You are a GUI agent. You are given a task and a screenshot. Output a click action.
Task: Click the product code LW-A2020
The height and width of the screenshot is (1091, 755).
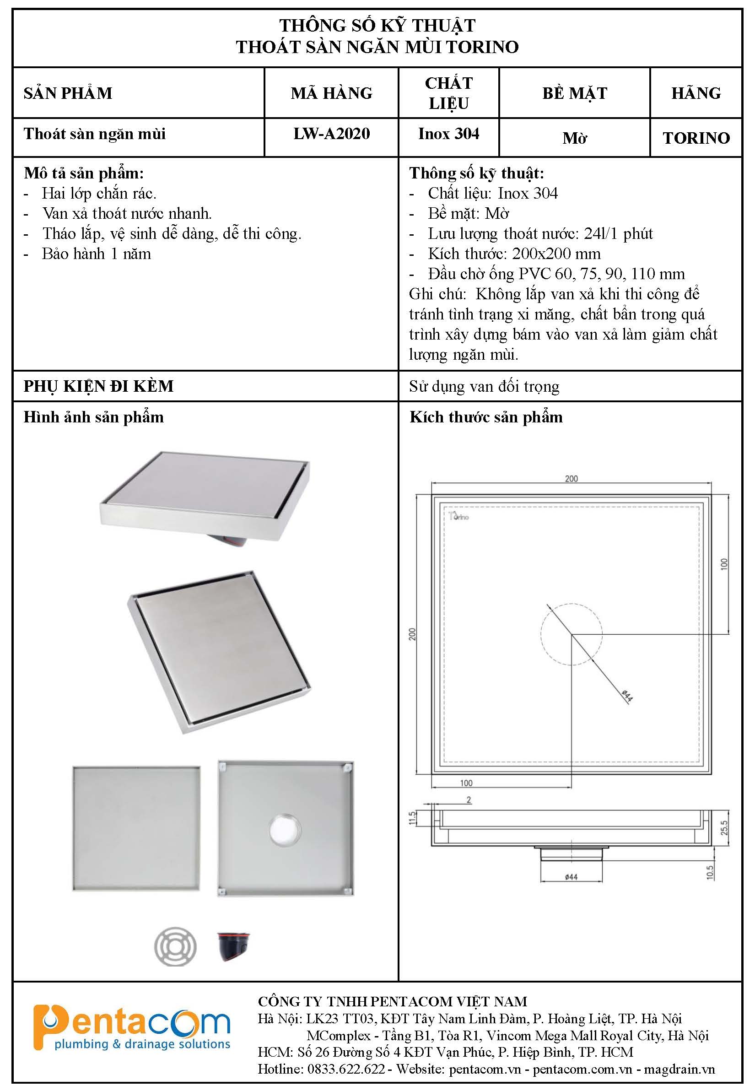(x=331, y=134)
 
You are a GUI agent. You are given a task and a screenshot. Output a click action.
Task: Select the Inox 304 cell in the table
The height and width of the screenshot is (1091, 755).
(x=448, y=134)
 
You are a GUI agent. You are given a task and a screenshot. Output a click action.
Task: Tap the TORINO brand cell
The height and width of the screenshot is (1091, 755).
(x=696, y=138)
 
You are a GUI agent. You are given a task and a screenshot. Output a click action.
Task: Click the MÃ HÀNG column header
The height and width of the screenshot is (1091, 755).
(x=331, y=93)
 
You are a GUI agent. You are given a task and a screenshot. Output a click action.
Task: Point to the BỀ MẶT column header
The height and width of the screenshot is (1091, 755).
(x=574, y=93)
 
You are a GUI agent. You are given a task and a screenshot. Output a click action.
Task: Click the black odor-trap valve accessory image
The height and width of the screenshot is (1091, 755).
(x=234, y=946)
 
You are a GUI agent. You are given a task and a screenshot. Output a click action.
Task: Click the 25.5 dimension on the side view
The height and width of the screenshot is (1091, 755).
(x=724, y=827)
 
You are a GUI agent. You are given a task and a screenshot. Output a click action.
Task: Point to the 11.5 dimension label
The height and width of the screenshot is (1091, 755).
(x=412, y=818)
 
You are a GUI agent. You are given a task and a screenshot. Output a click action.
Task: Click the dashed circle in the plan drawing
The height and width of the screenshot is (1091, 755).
(x=572, y=634)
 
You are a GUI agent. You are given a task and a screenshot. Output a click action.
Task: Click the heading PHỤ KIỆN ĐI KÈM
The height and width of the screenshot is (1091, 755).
(x=98, y=386)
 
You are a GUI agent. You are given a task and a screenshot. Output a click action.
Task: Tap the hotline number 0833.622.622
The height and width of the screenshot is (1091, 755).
(x=346, y=1069)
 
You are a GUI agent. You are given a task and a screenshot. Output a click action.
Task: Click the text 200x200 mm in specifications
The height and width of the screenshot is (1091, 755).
(x=556, y=254)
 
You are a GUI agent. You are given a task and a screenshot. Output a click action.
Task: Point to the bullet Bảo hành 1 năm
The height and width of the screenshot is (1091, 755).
(x=97, y=254)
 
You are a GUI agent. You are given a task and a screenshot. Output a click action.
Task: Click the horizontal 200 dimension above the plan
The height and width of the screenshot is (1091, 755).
(x=571, y=478)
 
